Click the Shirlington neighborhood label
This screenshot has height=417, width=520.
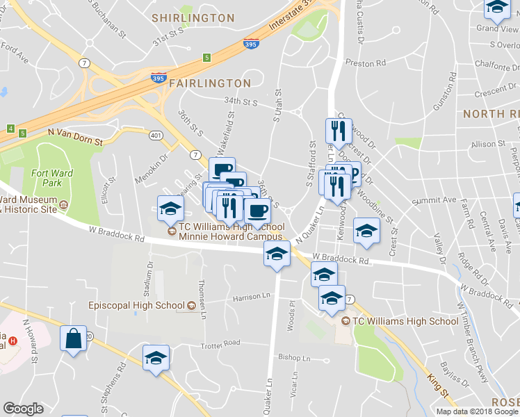193,17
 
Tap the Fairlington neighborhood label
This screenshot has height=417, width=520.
209,83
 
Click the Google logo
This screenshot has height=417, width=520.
23,409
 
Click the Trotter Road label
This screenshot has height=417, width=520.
221,343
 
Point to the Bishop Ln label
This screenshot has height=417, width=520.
294,359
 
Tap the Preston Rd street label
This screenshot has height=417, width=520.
365,63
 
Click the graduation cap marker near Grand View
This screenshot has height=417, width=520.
496,8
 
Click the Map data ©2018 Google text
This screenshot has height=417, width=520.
477,411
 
